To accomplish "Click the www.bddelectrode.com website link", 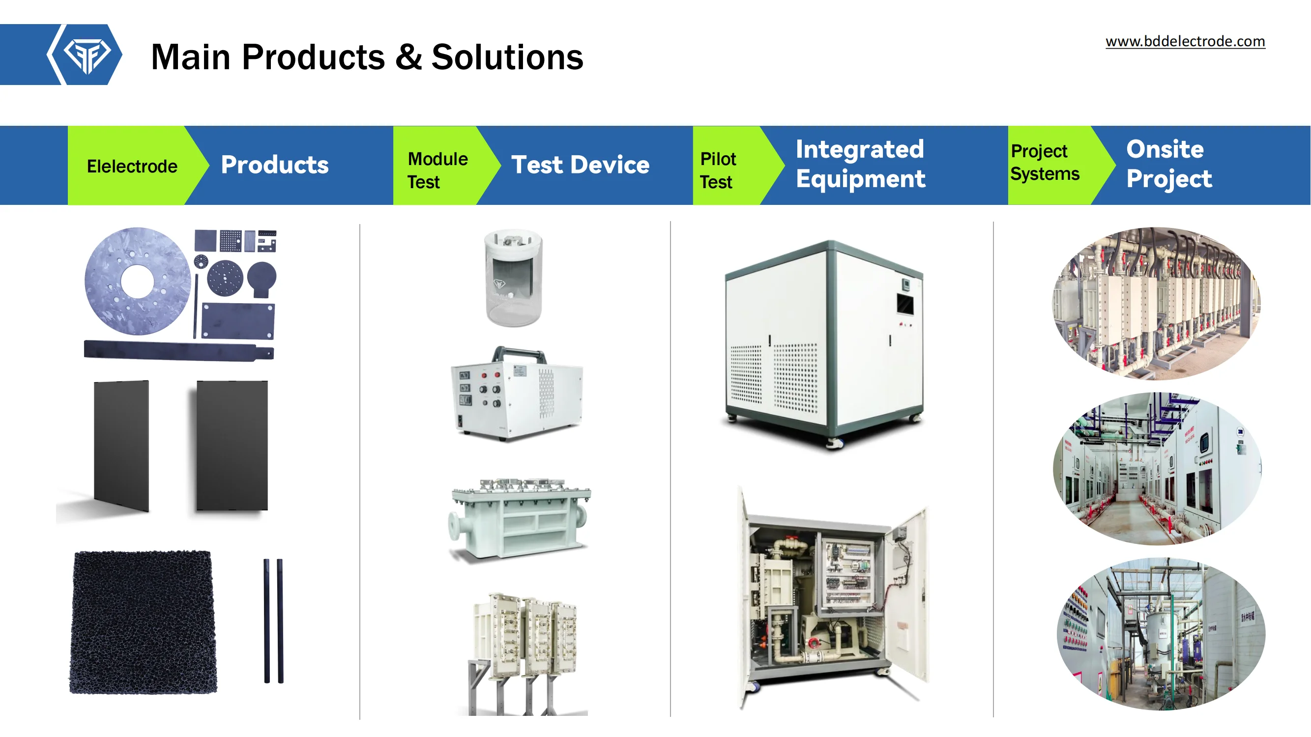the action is click(1185, 41).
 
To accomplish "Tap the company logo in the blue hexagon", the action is click(87, 55).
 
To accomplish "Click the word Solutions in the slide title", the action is click(507, 57).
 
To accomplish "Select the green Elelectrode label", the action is click(132, 167).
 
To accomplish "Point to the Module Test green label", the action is click(437, 170).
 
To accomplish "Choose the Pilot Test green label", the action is click(718, 170).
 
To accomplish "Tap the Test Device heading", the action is click(580, 165).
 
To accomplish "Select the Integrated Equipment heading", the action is click(861, 164).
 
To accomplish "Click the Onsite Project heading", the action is click(1169, 164).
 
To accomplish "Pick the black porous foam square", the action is click(143, 622).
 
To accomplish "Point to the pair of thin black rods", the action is click(273, 621).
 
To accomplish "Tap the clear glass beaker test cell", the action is click(513, 278).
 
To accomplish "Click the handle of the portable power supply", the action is click(518, 351).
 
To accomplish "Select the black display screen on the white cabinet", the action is click(905, 304).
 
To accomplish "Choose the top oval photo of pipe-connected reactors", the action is click(1156, 304).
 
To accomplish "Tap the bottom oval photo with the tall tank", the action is click(1161, 634).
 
